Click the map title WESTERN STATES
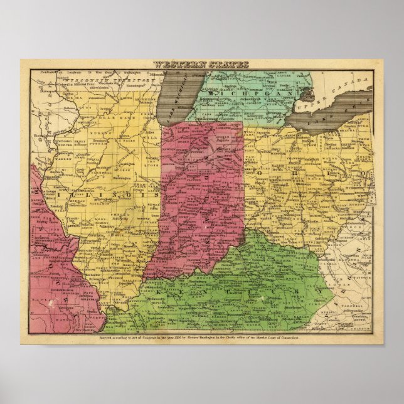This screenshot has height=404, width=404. tap(202, 64)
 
